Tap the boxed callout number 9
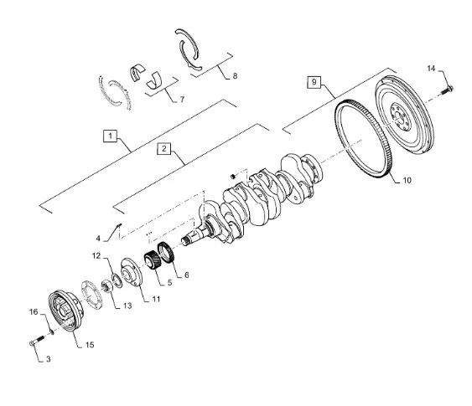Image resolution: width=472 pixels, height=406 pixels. coord(313,82)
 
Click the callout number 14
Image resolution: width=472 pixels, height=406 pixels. coord(432,68)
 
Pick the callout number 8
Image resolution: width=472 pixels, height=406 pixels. coord(235,75)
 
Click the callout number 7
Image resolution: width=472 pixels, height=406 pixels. coord(180,99)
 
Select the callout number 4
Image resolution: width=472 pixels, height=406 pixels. coord(97,238)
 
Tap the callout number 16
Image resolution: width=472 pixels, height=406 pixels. coord(33,312)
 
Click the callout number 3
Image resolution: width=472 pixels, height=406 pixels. coord(48,358)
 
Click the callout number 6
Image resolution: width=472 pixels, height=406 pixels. coord(186,274)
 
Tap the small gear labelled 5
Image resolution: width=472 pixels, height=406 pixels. coord(155,261)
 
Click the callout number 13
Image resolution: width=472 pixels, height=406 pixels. coord(127,306)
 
